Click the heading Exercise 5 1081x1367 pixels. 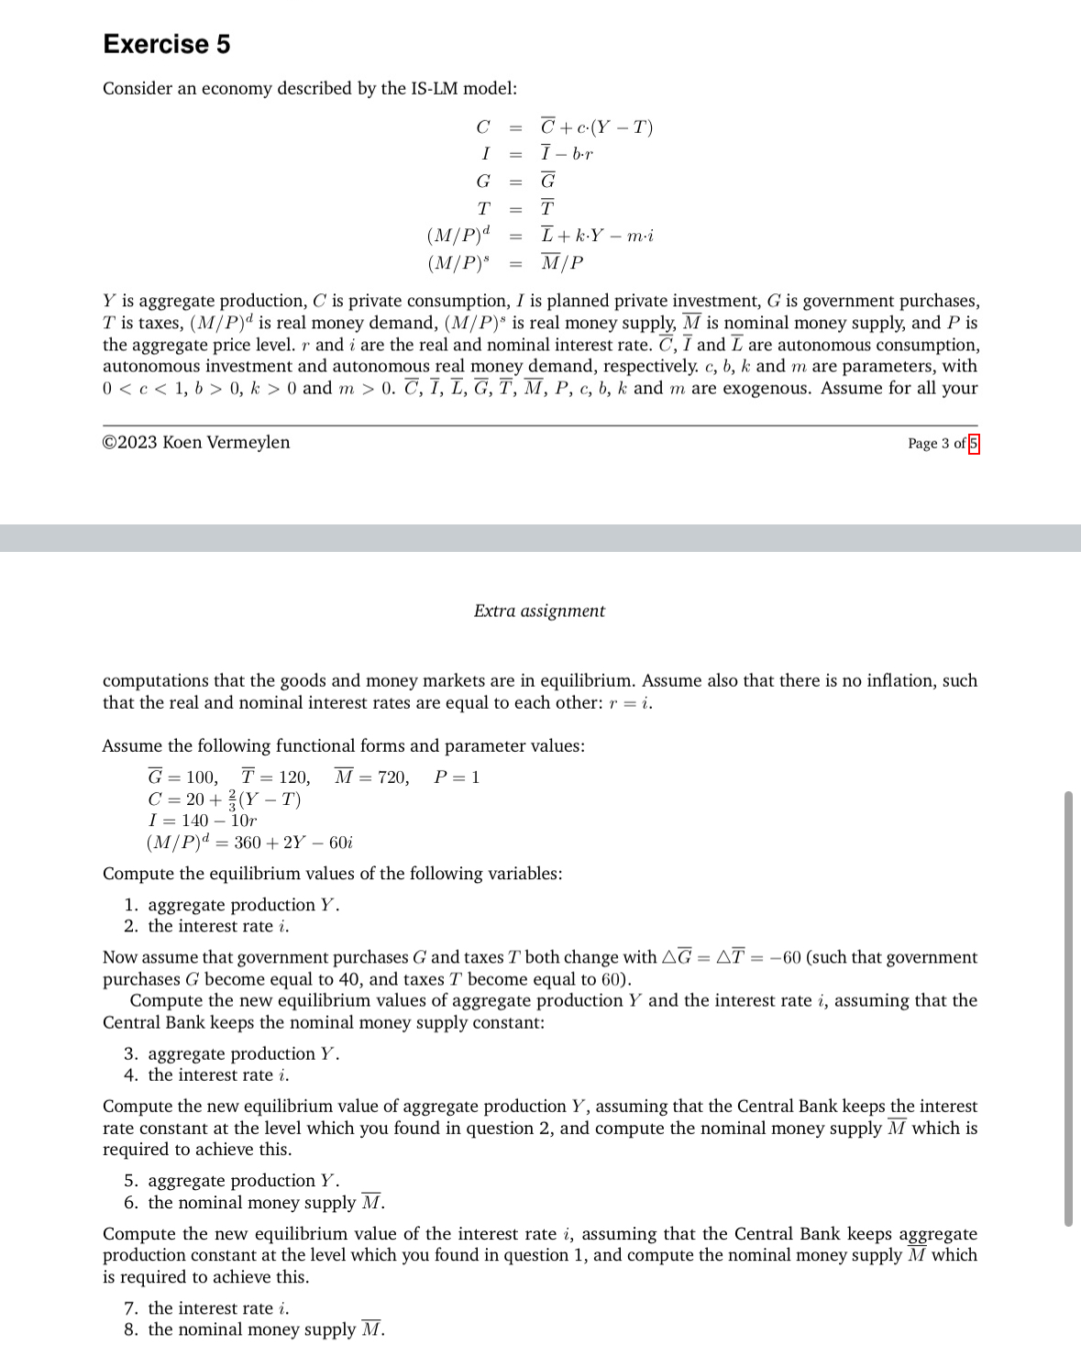point(166,44)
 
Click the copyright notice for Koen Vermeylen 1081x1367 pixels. point(196,443)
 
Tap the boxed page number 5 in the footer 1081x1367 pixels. point(974,444)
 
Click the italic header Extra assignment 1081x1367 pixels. point(539,612)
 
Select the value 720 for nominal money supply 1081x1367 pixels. point(393,777)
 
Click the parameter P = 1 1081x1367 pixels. point(457,777)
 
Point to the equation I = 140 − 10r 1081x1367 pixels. point(203,821)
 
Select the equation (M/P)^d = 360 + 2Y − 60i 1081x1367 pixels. point(249,843)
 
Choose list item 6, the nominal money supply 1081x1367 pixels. point(254,1203)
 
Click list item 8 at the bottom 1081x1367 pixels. point(254,1329)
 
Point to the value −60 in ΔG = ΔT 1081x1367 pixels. point(786,958)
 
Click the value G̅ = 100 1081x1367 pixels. point(182,777)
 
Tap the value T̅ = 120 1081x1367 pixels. point(275,777)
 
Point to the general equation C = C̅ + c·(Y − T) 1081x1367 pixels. point(564,127)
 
